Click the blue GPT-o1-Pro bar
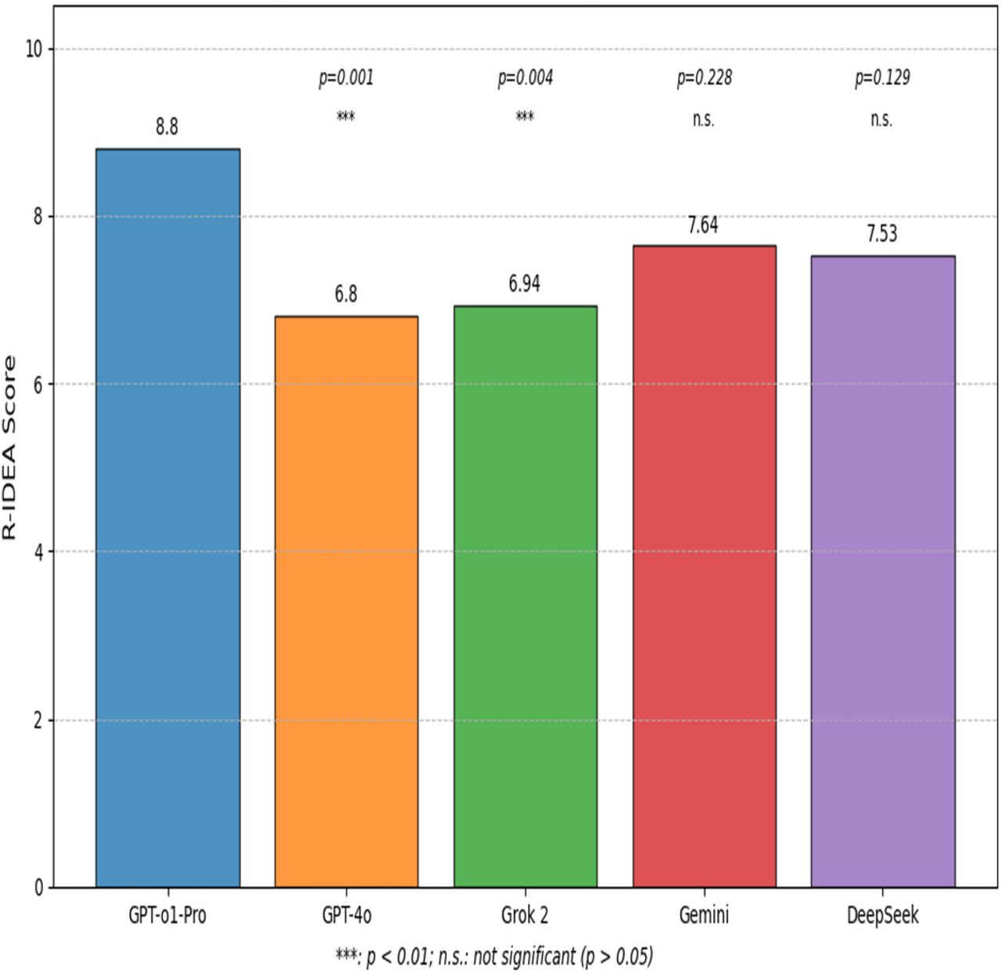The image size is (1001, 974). [167, 516]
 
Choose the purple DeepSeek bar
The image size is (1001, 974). [882, 571]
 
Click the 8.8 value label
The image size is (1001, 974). [167, 127]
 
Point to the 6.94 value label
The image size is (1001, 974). [524, 284]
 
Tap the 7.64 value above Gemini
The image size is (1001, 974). [703, 225]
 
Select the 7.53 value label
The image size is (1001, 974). [881, 234]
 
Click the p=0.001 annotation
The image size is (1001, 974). [346, 78]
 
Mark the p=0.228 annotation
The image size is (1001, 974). [704, 78]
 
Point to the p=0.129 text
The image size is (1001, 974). [881, 78]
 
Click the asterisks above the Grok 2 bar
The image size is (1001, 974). [524, 117]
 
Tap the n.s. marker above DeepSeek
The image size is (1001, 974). [881, 119]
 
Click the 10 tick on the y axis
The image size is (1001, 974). [34, 49]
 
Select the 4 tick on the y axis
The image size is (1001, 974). [37, 552]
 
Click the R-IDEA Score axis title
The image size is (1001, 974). [9, 447]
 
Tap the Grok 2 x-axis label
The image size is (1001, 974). [524, 915]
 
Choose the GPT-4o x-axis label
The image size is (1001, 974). [346, 915]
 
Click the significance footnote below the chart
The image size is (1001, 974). [493, 956]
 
